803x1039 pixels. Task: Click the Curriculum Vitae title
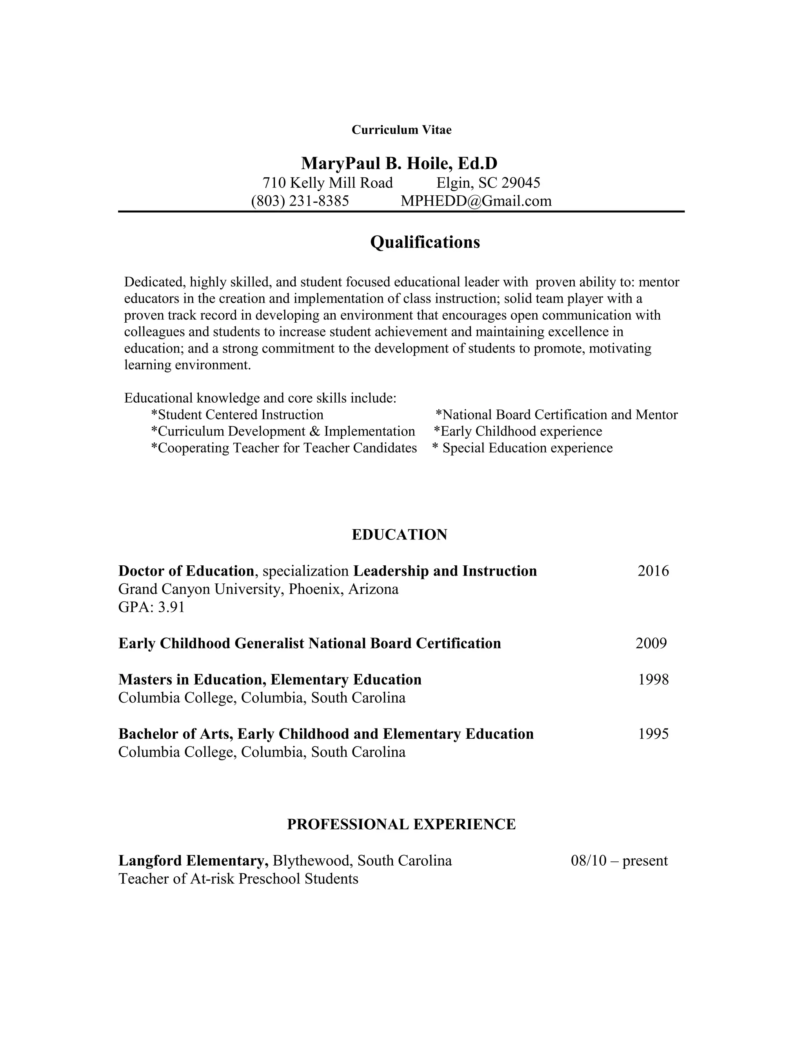[x=401, y=130]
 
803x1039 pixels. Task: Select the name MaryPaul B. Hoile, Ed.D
[x=399, y=163]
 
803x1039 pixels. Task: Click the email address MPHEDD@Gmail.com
[x=476, y=201]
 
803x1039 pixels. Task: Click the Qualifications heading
[x=425, y=242]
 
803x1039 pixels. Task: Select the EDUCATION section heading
[x=399, y=535]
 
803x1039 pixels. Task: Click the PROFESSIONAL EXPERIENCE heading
[x=401, y=825]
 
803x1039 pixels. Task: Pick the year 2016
[x=653, y=571]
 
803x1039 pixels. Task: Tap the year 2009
[x=651, y=643]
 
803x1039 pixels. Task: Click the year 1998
[x=653, y=679]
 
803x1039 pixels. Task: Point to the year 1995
[x=653, y=734]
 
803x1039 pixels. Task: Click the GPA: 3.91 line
[x=151, y=607]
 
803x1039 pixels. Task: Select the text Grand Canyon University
[x=201, y=589]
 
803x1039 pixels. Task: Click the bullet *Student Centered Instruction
[x=237, y=415]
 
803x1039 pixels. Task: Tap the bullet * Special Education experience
[x=522, y=448]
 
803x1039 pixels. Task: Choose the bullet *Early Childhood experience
[x=518, y=432]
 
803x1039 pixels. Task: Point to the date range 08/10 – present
[x=619, y=861]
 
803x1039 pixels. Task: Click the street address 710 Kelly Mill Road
[x=328, y=183]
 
